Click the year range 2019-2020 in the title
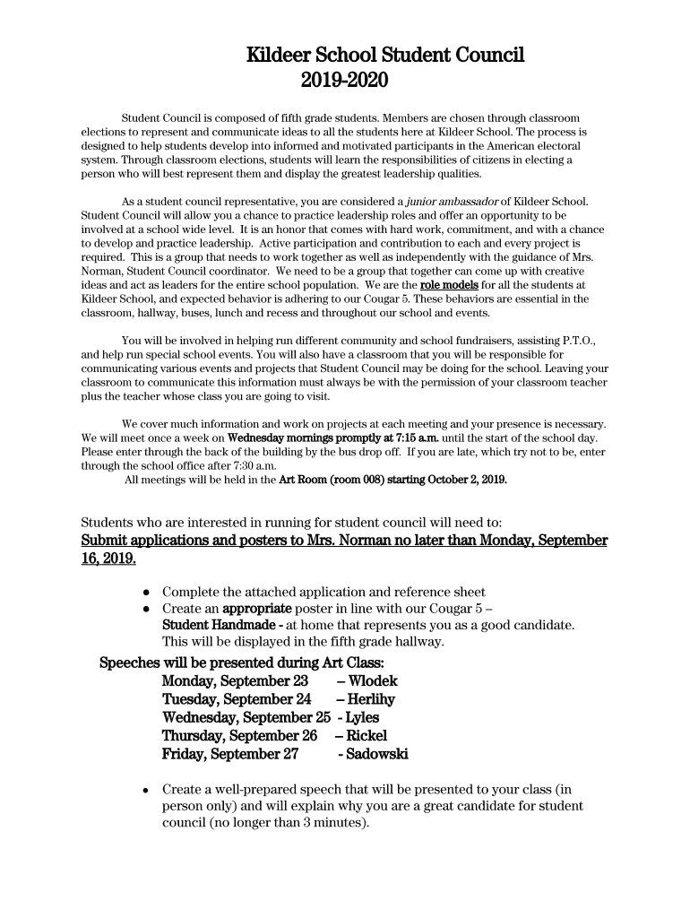tap(345, 82)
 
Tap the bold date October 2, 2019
tap(461, 480)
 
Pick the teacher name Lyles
tap(362, 718)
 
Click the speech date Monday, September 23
tap(235, 681)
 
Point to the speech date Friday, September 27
tap(229, 755)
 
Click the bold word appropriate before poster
tap(261, 608)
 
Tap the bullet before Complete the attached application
tap(146, 593)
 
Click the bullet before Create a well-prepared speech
tap(146, 791)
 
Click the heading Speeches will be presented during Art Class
tap(242, 663)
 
